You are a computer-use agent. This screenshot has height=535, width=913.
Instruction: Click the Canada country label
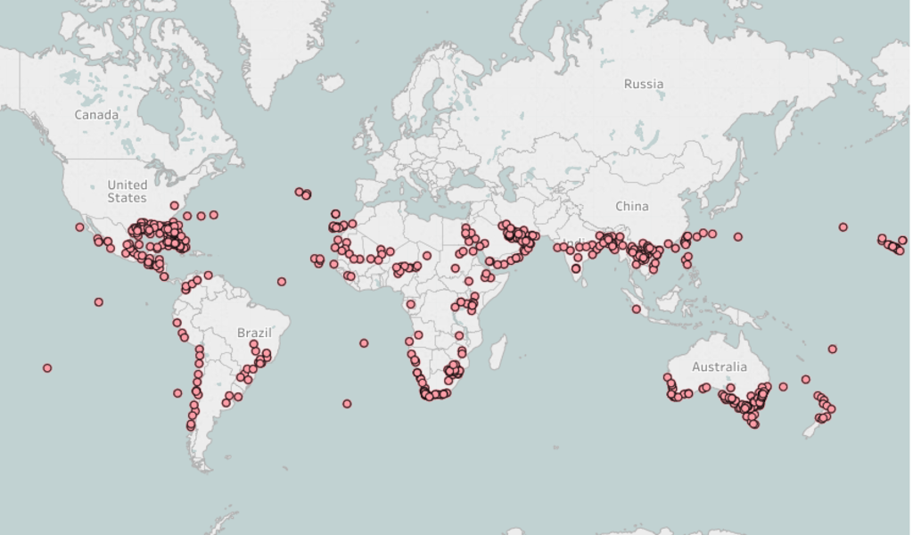click(x=96, y=115)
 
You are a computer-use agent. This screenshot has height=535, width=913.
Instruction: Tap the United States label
click(x=127, y=191)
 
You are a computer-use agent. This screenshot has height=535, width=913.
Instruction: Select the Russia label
click(x=644, y=84)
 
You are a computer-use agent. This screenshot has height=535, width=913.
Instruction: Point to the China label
click(x=632, y=206)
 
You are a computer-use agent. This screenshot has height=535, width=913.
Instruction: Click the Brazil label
click(x=254, y=333)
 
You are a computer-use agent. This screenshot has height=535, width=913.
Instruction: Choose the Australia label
click(x=720, y=366)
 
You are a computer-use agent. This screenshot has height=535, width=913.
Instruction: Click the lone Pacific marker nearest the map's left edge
click(x=47, y=367)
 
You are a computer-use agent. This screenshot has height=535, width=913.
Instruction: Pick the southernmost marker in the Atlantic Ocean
click(x=347, y=404)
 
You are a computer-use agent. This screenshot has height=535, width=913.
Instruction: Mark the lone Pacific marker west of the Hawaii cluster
click(x=843, y=227)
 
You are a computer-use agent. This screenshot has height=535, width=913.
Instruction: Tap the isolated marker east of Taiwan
click(x=738, y=236)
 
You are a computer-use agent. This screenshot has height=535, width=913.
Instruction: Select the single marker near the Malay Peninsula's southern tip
click(x=637, y=309)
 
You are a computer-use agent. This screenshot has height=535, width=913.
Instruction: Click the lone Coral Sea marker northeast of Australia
click(x=832, y=349)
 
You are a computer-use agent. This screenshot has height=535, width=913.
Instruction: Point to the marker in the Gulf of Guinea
click(x=411, y=304)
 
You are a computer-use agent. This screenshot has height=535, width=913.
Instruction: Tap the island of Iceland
click(x=331, y=83)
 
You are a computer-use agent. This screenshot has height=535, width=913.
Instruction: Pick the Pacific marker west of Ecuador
click(x=99, y=301)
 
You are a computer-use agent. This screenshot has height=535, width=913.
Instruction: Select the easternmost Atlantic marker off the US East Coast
click(x=214, y=215)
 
